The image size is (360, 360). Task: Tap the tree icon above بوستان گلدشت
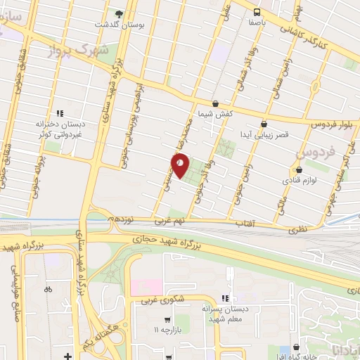[119, 13]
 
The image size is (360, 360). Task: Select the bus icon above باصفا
[257, 11]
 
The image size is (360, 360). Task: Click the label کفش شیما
[215, 113]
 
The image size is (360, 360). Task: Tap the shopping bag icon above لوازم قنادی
[299, 170]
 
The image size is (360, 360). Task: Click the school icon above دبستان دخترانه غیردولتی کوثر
[60, 112]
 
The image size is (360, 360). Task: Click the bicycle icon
[47, 288]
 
